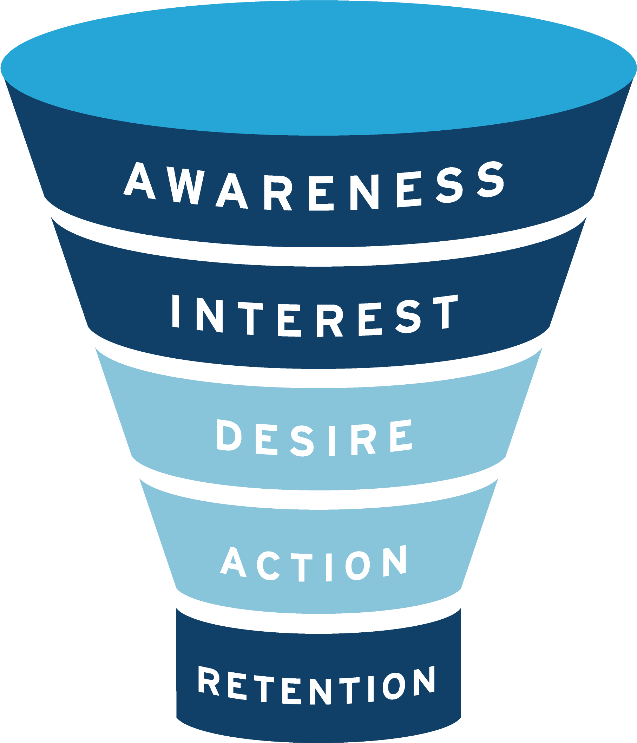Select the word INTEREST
(315, 315)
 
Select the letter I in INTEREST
(176, 311)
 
